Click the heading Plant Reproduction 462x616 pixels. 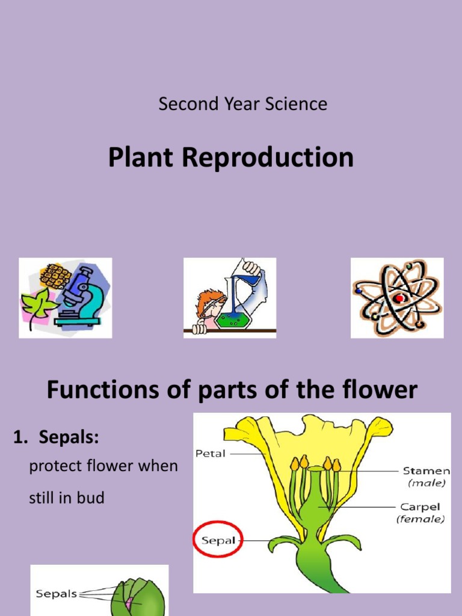pyautogui.click(x=230, y=158)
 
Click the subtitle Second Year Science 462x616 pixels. pyautogui.click(x=242, y=104)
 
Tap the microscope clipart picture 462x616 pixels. pyautogui.click(x=66, y=298)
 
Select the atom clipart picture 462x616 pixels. pyautogui.click(x=397, y=298)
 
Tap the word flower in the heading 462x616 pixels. pyautogui.click(x=380, y=391)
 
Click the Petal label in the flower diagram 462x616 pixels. pyautogui.click(x=211, y=454)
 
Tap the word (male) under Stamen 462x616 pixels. pyautogui.click(x=427, y=482)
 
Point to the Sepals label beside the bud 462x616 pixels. pyautogui.click(x=57, y=594)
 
